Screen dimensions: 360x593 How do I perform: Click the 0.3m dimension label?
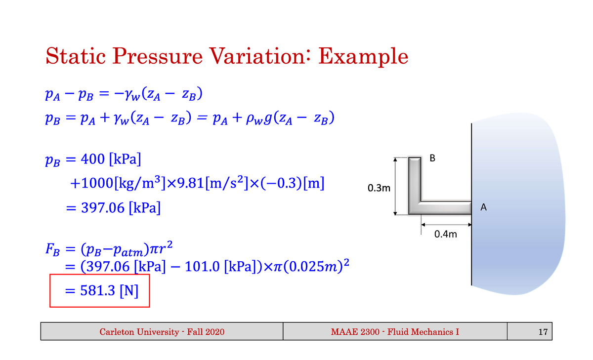tap(379, 188)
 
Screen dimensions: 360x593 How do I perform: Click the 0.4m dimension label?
tap(445, 234)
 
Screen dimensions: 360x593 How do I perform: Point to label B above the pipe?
tap(433, 159)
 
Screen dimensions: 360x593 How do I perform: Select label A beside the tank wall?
tap(484, 208)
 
